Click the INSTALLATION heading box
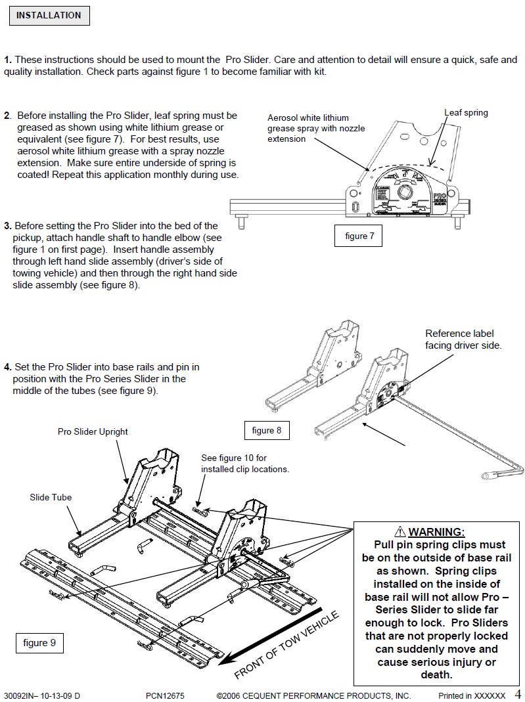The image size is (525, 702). pyautogui.click(x=49, y=16)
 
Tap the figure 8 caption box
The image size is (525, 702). pyautogui.click(x=267, y=431)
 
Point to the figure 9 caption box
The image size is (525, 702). pyautogui.click(x=39, y=643)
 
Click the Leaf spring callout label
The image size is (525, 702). pyautogui.click(x=466, y=113)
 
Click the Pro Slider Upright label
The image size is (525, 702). pyautogui.click(x=93, y=432)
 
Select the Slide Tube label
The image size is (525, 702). pyautogui.click(x=51, y=498)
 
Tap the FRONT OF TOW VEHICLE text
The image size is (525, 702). pyautogui.click(x=286, y=646)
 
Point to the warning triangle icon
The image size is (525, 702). pyautogui.click(x=399, y=532)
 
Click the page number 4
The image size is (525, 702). pyautogui.click(x=517, y=694)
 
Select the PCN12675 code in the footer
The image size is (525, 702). pyautogui.click(x=165, y=695)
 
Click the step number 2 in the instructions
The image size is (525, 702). pyautogui.click(x=7, y=116)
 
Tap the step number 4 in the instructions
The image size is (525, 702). pyautogui.click(x=7, y=367)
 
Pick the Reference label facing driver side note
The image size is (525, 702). pyautogui.click(x=463, y=339)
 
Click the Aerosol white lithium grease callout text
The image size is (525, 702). pyautogui.click(x=316, y=128)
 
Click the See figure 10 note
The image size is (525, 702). pyautogui.click(x=244, y=464)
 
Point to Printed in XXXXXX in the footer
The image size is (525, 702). pyautogui.click(x=472, y=695)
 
